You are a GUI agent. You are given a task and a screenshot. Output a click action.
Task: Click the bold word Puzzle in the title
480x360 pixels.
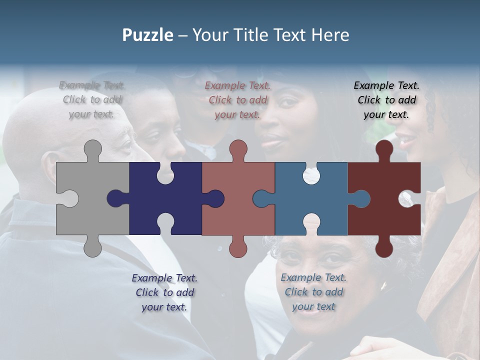147,35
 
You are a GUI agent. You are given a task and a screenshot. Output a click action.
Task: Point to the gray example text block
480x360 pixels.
92,99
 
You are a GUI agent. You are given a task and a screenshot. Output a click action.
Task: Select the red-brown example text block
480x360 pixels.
237,100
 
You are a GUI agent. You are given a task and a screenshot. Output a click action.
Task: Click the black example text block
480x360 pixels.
386,100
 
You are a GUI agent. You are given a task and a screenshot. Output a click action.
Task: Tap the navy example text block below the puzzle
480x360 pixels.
164,292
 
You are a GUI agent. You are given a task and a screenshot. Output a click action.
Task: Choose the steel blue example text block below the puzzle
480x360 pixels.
313,292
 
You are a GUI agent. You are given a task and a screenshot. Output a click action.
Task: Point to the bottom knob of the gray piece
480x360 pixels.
92,247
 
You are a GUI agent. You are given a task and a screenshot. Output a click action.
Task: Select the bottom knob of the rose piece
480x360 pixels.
238,247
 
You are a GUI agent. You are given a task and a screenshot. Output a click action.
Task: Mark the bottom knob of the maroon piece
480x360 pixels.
384,247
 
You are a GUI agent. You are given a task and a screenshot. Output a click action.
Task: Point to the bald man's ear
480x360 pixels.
50,167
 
